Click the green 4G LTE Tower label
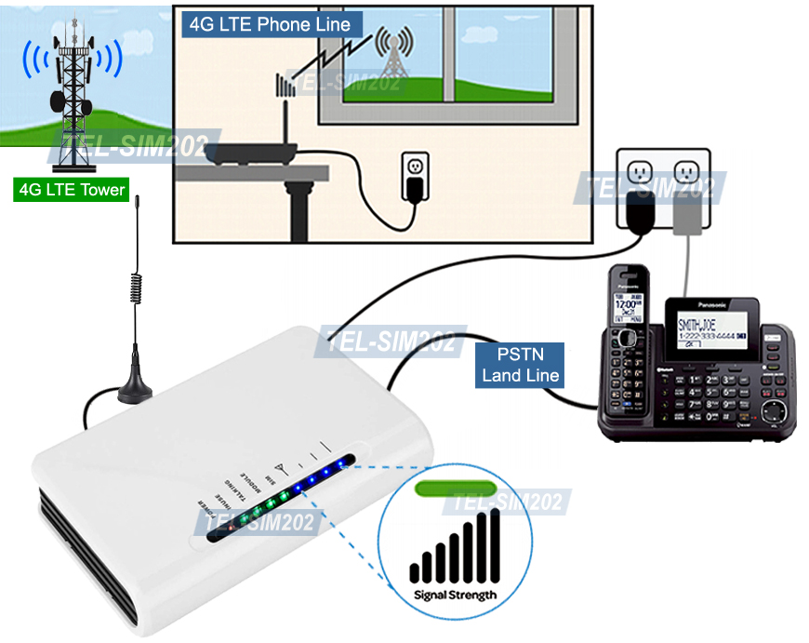point(72,190)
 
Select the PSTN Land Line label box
point(520,365)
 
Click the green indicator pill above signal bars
point(455,487)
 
